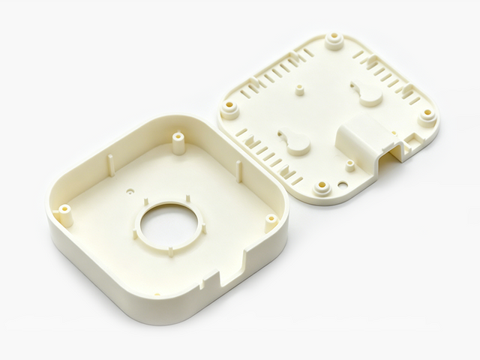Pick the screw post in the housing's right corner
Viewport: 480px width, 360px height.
coord(271,219)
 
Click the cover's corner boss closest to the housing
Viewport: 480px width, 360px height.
coord(229,109)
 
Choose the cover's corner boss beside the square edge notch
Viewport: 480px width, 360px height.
coord(427,115)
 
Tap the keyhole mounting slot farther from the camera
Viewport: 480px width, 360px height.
coord(367,93)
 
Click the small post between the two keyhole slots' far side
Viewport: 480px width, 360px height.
coord(300,90)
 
